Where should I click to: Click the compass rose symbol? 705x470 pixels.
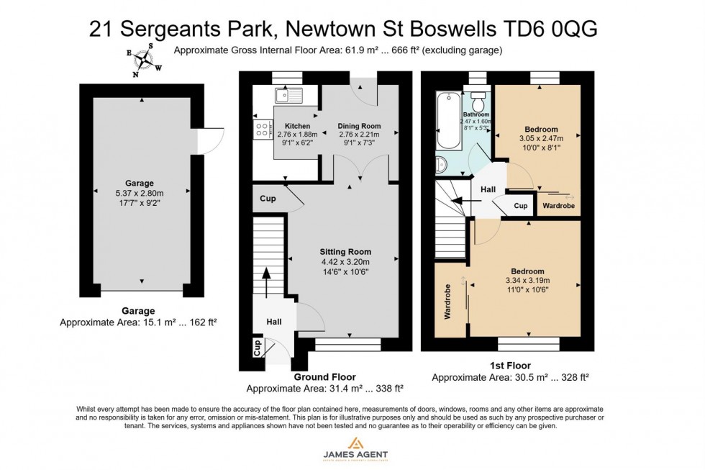144,59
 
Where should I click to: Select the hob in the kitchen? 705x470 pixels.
260,129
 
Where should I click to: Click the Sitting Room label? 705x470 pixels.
345,252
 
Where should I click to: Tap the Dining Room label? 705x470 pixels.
359,126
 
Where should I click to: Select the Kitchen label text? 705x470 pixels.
297,126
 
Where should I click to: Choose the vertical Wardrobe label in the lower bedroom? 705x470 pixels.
447,302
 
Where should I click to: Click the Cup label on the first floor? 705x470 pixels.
521,206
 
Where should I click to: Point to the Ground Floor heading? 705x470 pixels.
324,377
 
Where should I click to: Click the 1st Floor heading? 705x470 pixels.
509,366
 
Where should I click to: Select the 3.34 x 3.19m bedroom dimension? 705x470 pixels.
528,281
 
